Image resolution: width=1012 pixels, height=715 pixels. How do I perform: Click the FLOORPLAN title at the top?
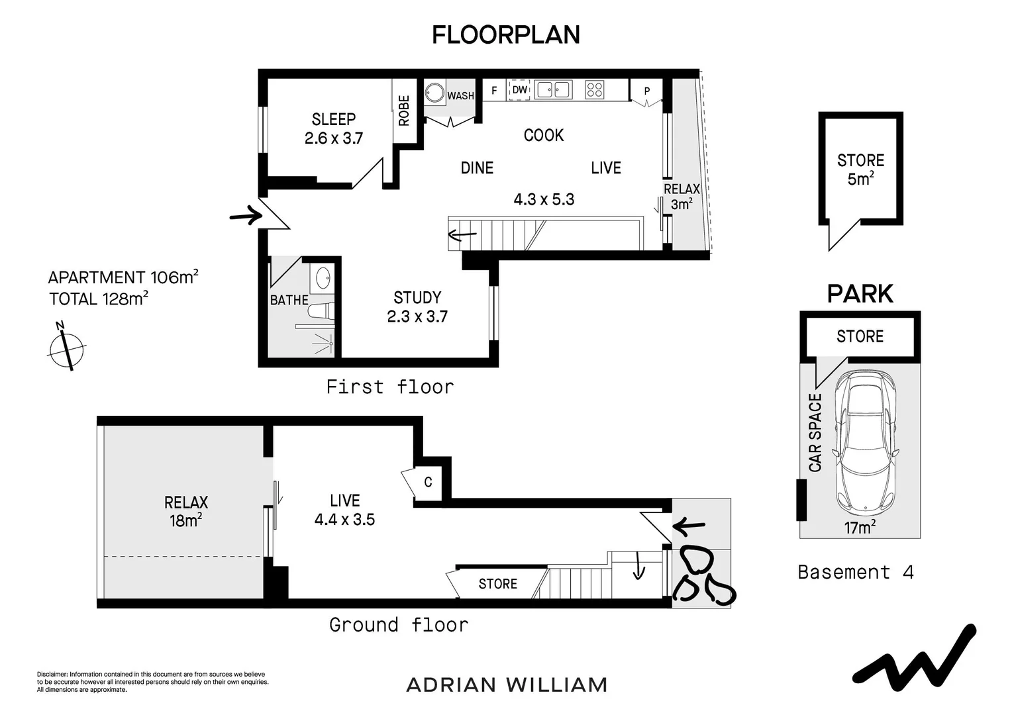click(x=506, y=35)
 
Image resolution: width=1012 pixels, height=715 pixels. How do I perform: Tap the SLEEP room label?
click(x=334, y=120)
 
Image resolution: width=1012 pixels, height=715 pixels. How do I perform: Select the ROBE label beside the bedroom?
click(x=404, y=111)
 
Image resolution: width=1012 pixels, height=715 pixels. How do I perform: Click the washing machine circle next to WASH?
click(x=434, y=93)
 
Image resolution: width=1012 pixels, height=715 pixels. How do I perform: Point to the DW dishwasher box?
click(x=519, y=90)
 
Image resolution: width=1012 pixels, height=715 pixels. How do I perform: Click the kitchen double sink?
click(x=554, y=89)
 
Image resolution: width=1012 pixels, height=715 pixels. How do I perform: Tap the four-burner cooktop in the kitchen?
click(x=594, y=89)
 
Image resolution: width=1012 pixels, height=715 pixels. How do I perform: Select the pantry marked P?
click(x=646, y=91)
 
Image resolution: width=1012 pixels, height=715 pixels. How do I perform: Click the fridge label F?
click(x=494, y=91)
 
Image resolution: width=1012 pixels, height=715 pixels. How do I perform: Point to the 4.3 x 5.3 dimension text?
click(x=544, y=199)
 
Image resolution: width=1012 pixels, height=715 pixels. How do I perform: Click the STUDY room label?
click(x=417, y=298)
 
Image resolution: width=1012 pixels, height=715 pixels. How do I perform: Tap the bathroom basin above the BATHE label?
click(x=324, y=277)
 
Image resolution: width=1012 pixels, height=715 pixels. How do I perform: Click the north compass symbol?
click(x=66, y=347)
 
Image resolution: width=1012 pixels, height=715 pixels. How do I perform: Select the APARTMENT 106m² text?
click(x=123, y=277)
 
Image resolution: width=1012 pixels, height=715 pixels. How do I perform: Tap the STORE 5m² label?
click(x=860, y=169)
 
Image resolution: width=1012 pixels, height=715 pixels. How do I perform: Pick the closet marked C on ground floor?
click(x=428, y=482)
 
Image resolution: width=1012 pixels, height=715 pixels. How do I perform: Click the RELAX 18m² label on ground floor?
click(x=186, y=511)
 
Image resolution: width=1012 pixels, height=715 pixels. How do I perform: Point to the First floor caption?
click(x=390, y=387)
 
